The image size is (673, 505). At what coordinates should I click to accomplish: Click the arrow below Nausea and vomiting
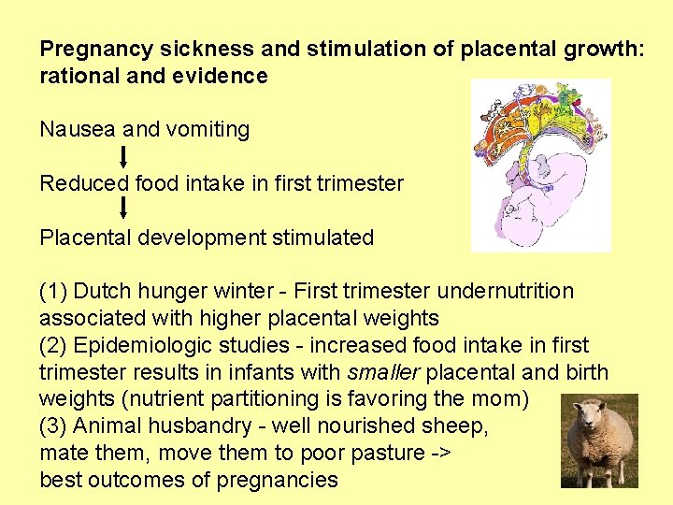tap(125, 156)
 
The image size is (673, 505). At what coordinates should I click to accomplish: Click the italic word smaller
tap(379, 372)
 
